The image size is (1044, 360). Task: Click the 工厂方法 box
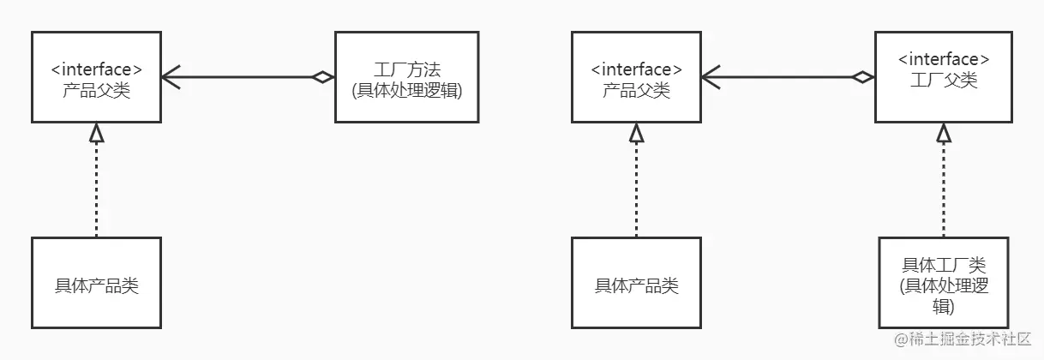point(406,78)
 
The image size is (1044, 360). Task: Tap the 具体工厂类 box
point(944,283)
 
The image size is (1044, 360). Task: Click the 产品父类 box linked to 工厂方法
point(96,78)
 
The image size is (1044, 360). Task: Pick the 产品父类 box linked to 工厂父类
point(636,78)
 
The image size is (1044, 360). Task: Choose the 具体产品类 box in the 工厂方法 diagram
point(96,283)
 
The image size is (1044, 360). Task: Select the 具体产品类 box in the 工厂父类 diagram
point(636,283)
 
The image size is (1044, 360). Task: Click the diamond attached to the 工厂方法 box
point(323,78)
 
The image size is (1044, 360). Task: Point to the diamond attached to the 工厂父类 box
point(862,78)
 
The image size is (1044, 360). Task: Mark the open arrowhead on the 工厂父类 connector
point(710,78)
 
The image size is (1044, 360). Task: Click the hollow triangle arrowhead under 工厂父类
point(944,133)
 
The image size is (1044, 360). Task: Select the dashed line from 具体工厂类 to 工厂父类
point(944,189)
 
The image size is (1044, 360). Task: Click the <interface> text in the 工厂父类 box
point(944,59)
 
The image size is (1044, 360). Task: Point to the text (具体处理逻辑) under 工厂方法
point(406,90)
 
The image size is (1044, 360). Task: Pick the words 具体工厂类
point(944,266)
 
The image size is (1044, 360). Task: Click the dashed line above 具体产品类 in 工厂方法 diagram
point(96,189)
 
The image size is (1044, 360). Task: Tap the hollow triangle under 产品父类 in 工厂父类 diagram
point(636,133)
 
